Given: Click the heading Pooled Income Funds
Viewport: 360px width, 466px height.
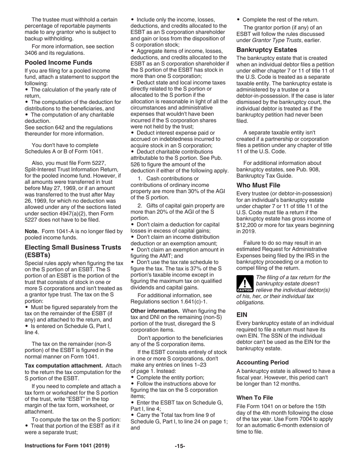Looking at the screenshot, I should pyautogui.click(x=58, y=63).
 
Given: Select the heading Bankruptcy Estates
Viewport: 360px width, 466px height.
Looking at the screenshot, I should pyautogui.click(x=267, y=50).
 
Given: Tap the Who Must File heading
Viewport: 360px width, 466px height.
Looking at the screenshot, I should pyautogui.click(x=258, y=185).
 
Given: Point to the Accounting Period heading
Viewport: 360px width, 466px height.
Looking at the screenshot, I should pyautogui.click(x=262, y=362).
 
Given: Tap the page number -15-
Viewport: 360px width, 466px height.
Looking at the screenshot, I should pyautogui.click(x=180, y=446).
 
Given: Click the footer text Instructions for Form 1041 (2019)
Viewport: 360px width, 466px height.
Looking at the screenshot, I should pyautogui.click(x=67, y=446).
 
